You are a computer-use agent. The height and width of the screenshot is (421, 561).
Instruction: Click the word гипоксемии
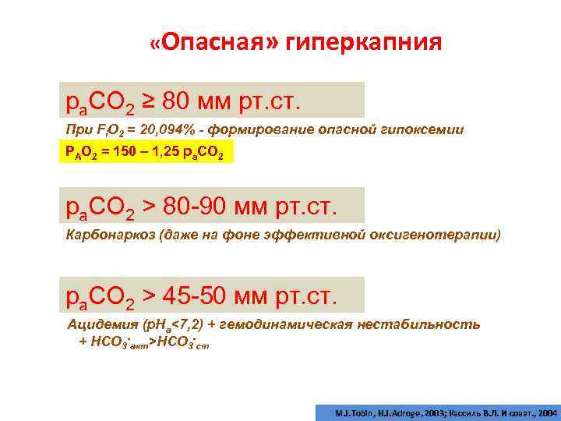429,130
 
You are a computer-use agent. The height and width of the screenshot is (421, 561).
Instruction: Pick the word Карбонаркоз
104,235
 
